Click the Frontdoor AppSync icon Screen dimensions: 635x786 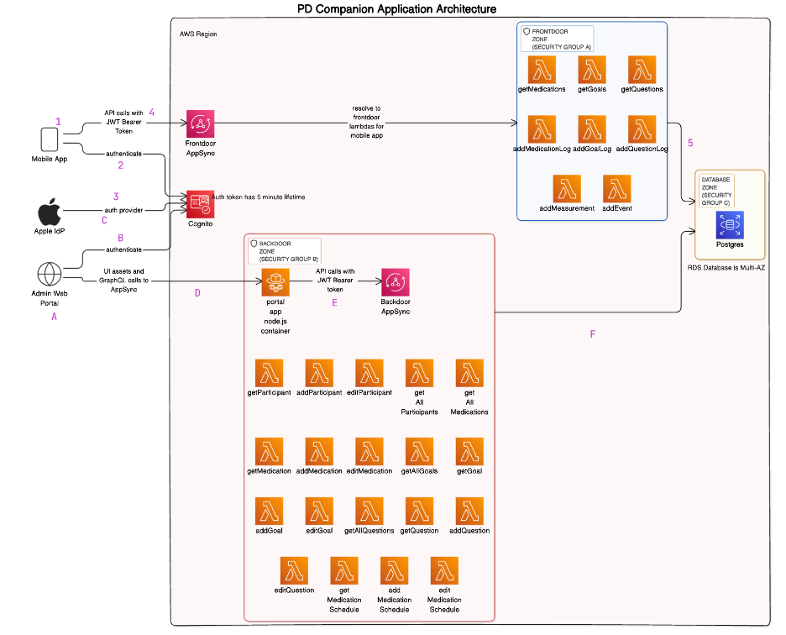click(x=201, y=124)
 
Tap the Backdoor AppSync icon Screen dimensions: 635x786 click(x=395, y=283)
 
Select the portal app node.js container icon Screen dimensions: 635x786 click(x=275, y=283)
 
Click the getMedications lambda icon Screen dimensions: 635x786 click(x=542, y=70)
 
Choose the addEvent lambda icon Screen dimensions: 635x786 click(x=617, y=188)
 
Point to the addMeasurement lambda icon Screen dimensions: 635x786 click(x=567, y=188)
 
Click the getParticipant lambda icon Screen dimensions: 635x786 click(x=269, y=373)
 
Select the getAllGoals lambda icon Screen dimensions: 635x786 click(x=419, y=452)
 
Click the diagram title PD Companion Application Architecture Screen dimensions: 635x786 click(x=397, y=8)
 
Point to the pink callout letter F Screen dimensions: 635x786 click(x=592, y=334)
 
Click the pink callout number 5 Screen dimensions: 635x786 click(x=690, y=143)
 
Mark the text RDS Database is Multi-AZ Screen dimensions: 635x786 click(x=727, y=267)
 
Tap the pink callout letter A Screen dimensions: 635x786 click(x=55, y=317)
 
